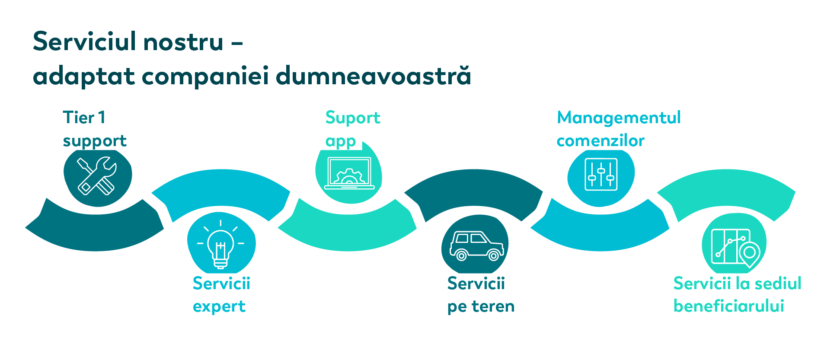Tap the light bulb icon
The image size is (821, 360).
click(220, 245)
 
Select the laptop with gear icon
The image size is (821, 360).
click(349, 173)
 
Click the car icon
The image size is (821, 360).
click(476, 245)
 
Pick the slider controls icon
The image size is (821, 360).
click(601, 175)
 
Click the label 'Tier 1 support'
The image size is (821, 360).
click(95, 129)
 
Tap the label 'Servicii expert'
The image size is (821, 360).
click(221, 295)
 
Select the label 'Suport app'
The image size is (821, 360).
click(353, 129)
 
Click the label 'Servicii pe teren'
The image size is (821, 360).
click(481, 295)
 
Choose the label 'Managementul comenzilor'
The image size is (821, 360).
click(619, 129)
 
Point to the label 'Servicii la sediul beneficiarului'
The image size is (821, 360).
click(737, 295)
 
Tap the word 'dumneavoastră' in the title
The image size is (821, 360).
click(374, 76)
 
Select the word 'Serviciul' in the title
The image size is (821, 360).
click(84, 41)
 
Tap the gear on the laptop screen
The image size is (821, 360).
click(349, 177)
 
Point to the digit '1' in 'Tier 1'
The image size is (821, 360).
click(102, 118)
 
